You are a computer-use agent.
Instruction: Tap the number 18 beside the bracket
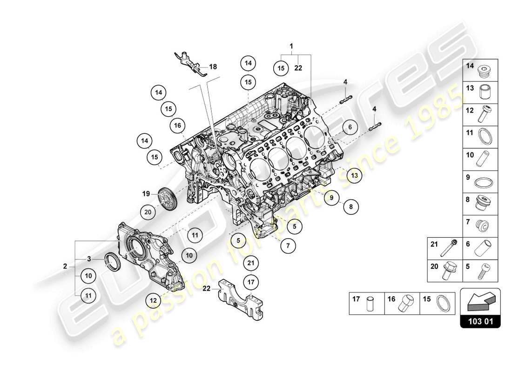coord(213,66)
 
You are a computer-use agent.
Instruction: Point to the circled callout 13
coord(355,175)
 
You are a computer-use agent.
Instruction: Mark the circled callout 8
coord(351,206)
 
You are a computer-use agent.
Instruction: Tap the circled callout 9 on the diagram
coord(332,198)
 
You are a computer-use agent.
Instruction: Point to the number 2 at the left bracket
coord(66,266)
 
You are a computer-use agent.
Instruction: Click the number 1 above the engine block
coord(291,46)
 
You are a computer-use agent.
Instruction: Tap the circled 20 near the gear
coord(148,212)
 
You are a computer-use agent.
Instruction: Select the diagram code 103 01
coord(480,321)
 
